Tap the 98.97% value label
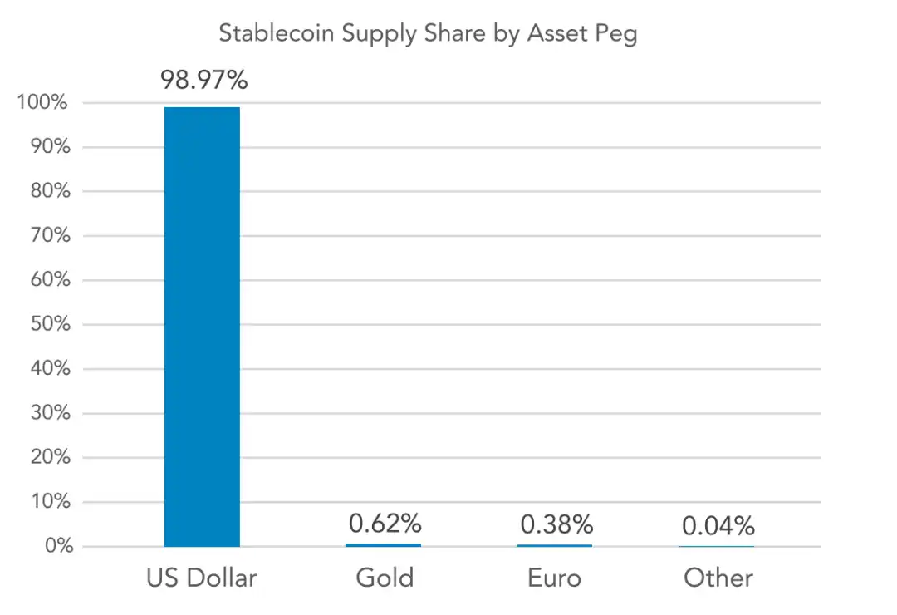pyautogui.click(x=204, y=81)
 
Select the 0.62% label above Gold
pyautogui.click(x=385, y=524)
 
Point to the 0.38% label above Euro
pyautogui.click(x=556, y=524)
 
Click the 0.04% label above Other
pyautogui.click(x=718, y=526)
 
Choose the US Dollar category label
pyautogui.click(x=202, y=578)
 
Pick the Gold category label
pyautogui.click(x=385, y=578)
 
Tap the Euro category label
pyautogui.click(x=556, y=578)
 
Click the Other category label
pyautogui.click(x=718, y=578)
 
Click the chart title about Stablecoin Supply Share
pyautogui.click(x=428, y=33)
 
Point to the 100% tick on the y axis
pyautogui.click(x=41, y=103)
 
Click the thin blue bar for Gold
pyautogui.click(x=383, y=545)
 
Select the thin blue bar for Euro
pyautogui.click(x=555, y=545)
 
